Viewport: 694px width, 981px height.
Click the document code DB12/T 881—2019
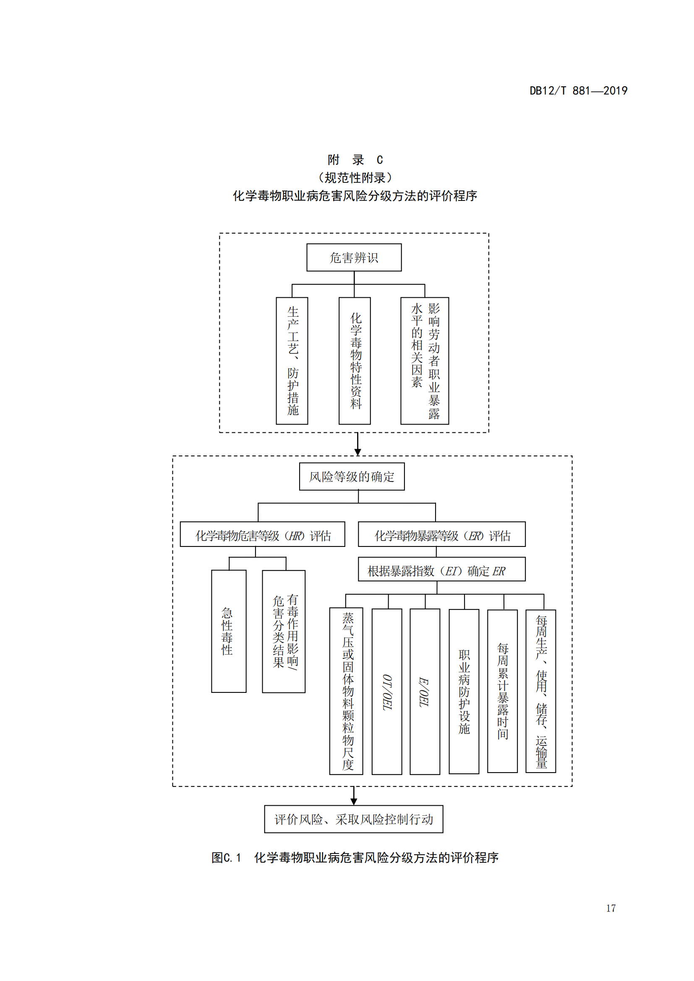click(x=578, y=91)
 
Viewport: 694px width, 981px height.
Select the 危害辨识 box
click(x=354, y=257)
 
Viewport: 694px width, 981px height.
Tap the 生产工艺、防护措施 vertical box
click(x=292, y=361)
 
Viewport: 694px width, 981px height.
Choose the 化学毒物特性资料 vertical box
click(x=355, y=361)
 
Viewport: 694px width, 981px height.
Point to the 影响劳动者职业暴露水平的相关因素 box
click(x=425, y=361)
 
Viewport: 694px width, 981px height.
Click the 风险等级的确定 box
click(x=352, y=476)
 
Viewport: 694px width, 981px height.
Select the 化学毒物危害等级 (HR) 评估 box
click(x=262, y=534)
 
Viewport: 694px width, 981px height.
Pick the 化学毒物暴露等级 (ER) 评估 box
click(x=441, y=534)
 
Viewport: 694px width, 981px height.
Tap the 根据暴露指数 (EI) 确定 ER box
click(x=441, y=570)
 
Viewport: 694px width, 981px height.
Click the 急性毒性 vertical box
click(x=229, y=631)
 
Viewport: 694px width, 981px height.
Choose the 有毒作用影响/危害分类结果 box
click(x=284, y=632)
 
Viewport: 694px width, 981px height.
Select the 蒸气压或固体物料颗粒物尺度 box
click(x=346, y=691)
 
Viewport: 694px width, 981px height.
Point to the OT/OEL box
click(x=387, y=691)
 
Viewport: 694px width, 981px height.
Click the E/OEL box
click(x=425, y=691)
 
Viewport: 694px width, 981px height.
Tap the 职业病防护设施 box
click(x=464, y=691)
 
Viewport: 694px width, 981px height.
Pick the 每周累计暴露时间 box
click(x=503, y=691)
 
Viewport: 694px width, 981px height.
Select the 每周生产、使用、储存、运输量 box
click(x=540, y=691)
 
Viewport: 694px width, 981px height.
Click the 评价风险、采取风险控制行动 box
click(x=353, y=819)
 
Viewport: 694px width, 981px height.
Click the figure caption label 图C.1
click(x=226, y=858)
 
